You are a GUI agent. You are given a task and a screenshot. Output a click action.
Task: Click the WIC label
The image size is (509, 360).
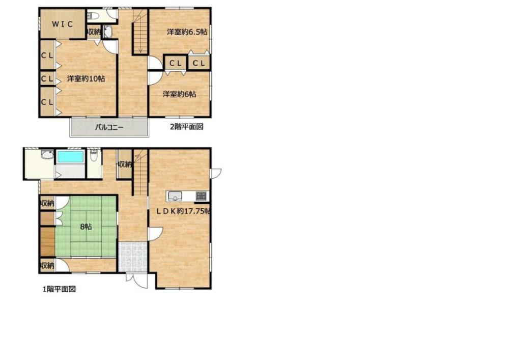[63, 24]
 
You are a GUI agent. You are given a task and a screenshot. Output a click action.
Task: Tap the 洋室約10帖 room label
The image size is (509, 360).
[86, 78]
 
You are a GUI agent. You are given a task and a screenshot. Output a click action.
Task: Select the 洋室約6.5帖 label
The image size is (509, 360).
[187, 32]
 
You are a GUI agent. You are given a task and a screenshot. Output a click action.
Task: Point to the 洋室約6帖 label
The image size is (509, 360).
[180, 94]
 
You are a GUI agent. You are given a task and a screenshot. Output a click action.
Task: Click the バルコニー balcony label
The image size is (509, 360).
[109, 127]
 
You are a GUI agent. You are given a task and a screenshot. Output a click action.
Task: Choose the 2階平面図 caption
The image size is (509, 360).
[187, 127]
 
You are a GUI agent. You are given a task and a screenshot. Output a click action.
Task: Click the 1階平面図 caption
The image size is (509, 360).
[60, 289]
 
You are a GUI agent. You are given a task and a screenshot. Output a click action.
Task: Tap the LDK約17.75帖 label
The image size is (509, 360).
[183, 211]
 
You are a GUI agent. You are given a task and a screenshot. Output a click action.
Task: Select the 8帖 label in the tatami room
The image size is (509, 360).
[86, 227]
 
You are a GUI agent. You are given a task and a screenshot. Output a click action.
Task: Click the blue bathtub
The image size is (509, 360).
[70, 156]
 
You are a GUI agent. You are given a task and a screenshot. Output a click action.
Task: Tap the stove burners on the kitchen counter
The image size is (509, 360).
[201, 196]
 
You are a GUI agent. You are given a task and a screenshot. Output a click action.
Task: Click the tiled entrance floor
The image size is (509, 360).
[133, 257]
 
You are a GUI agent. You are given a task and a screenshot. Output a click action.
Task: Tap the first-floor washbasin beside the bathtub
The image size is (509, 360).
[47, 154]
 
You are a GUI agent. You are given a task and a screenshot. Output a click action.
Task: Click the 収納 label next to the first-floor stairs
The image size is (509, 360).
[125, 164]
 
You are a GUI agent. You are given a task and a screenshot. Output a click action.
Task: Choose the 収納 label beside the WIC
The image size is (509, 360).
[95, 32]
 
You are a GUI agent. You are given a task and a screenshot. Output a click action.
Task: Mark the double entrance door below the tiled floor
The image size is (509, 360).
[136, 280]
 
